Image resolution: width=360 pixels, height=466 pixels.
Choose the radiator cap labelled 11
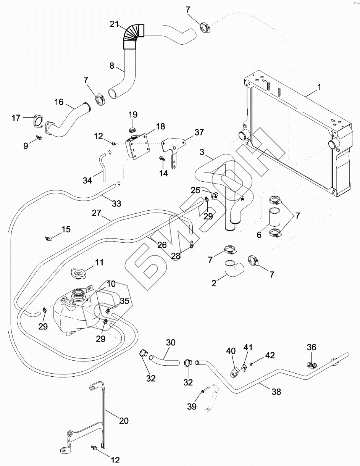pyautogui.click(x=79, y=274)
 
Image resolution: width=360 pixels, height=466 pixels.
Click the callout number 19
pyautogui.click(x=133, y=114)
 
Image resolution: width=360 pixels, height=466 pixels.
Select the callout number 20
pyautogui.click(x=123, y=421)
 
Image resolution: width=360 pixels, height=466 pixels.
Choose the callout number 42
pyautogui.click(x=270, y=355)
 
